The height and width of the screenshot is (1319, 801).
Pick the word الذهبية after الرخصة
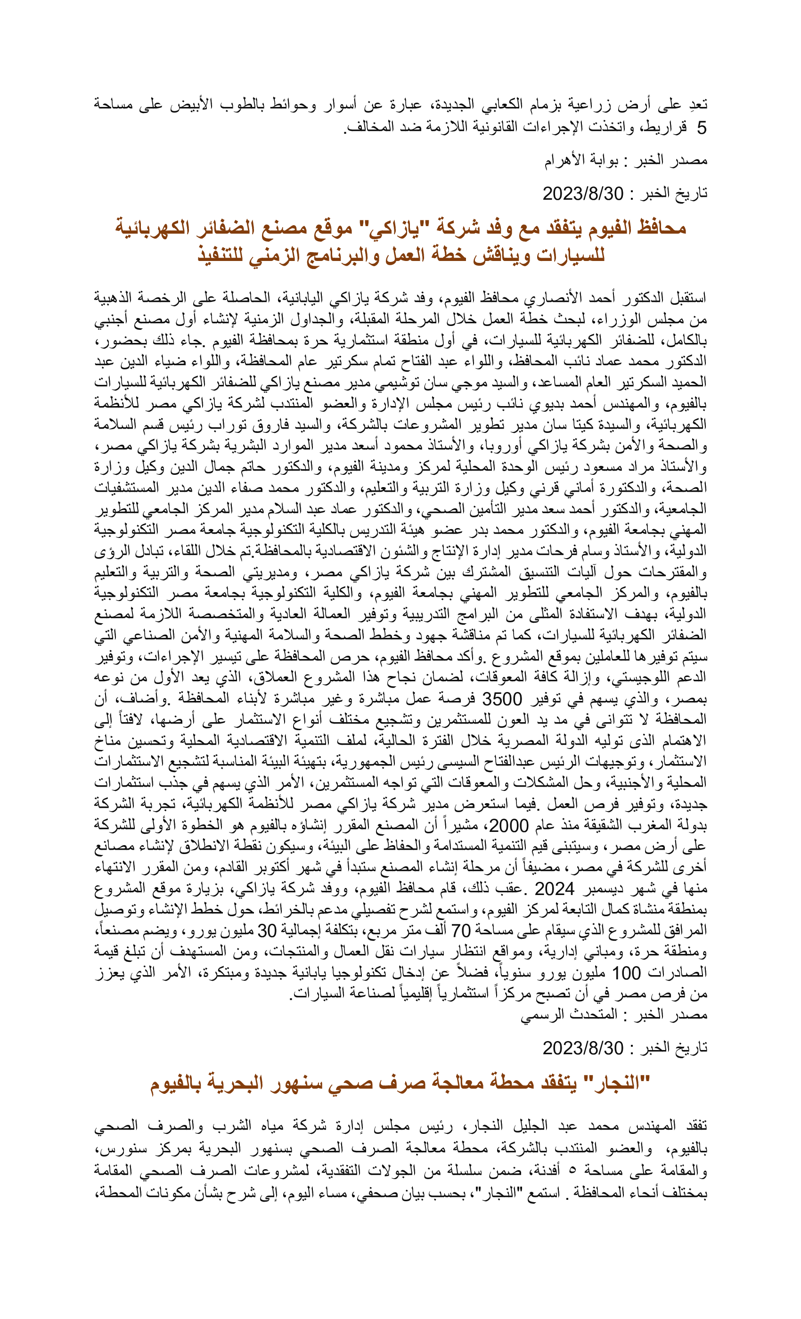[x=118, y=297]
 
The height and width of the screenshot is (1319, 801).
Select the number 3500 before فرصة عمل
[x=502, y=699]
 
